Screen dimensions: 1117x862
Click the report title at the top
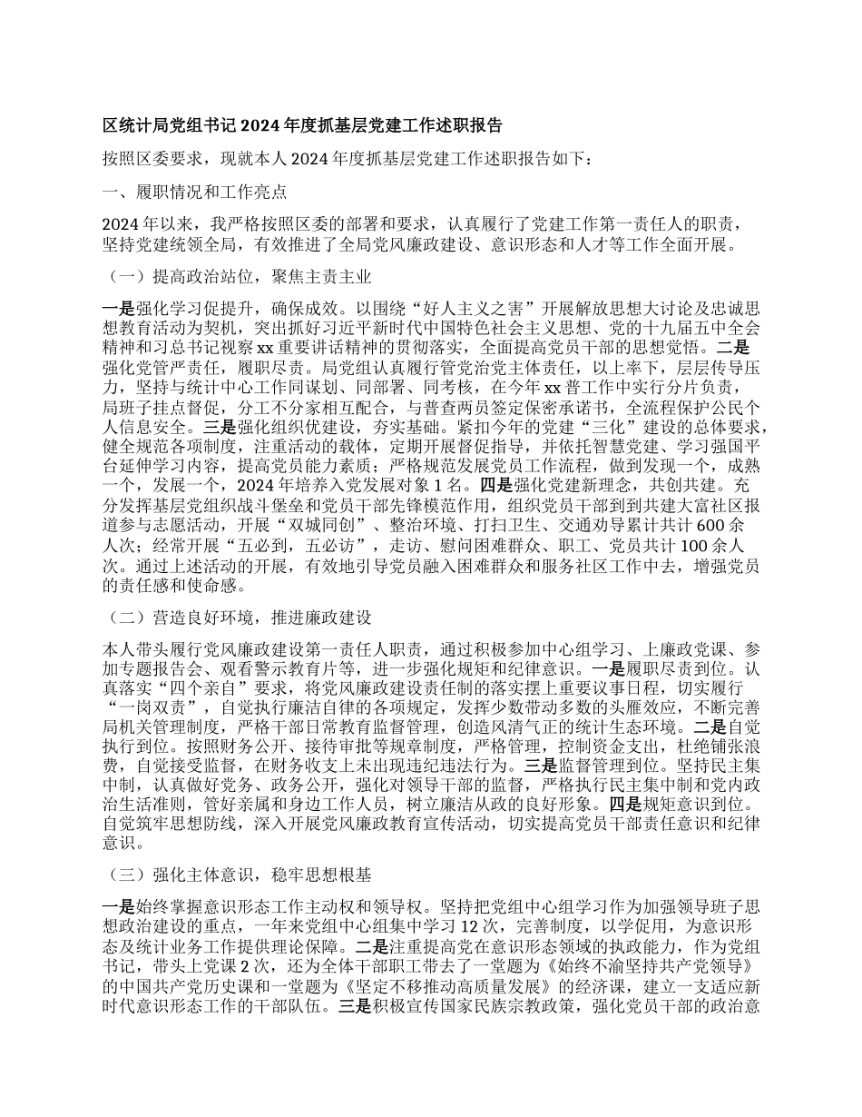(303, 124)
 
